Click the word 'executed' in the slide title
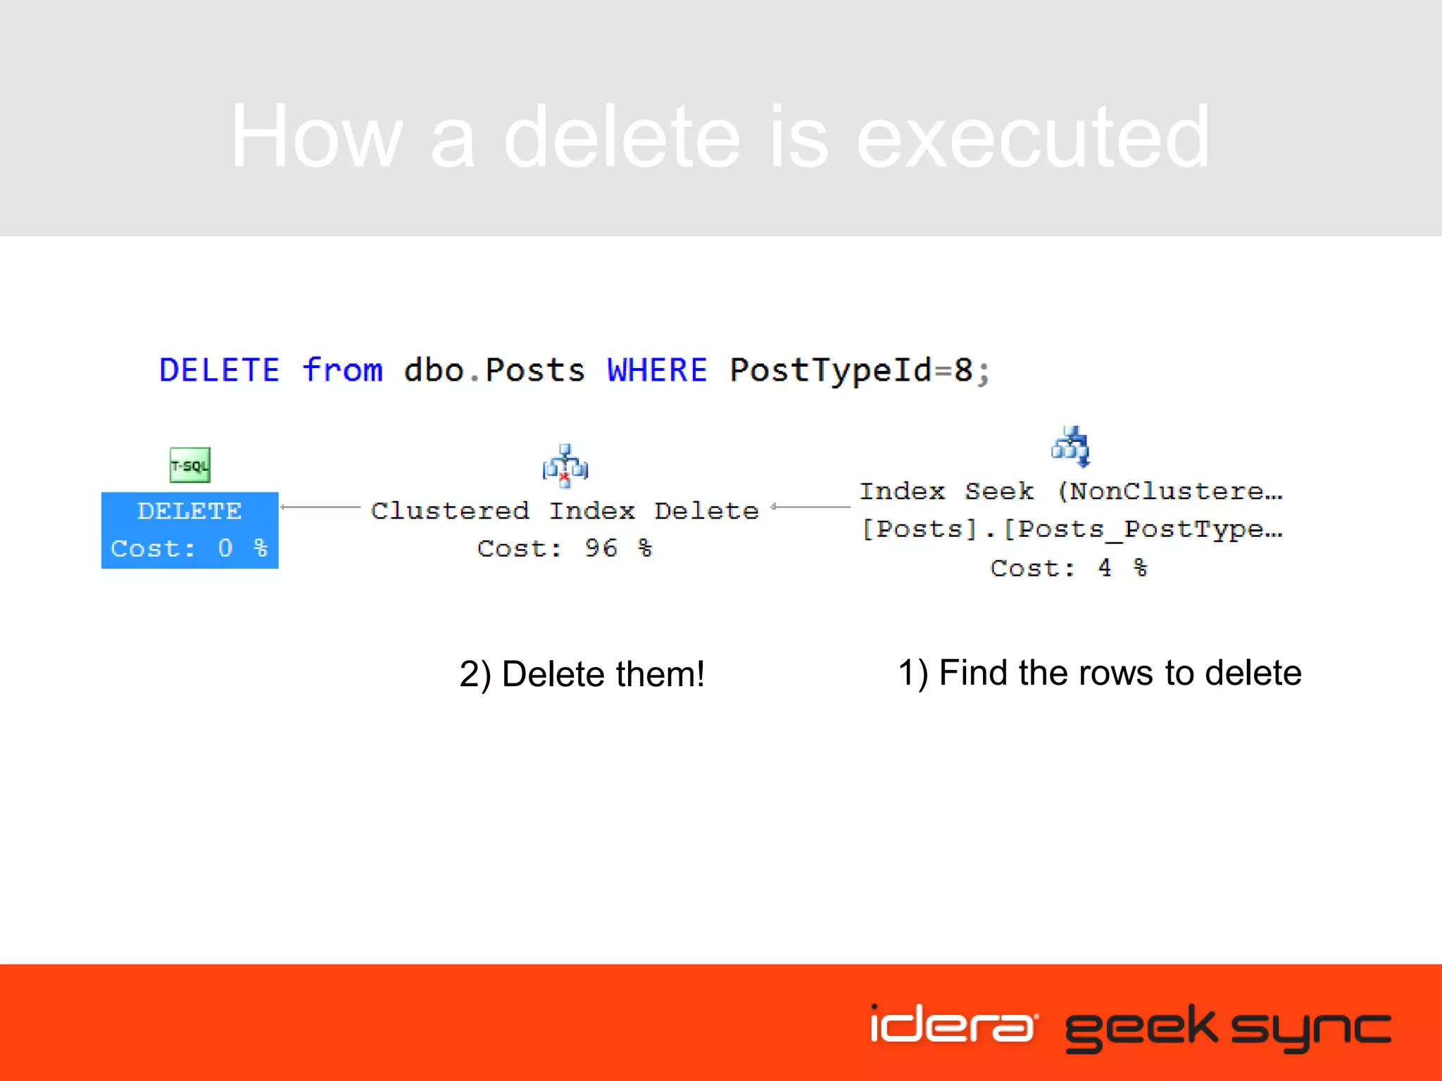pos(1032,137)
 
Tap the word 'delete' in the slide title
pos(622,137)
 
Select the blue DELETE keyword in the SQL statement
pos(220,370)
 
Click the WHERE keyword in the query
pos(657,370)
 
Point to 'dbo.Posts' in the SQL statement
pos(494,370)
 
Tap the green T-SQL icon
pos(190,464)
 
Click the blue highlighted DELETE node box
pos(190,530)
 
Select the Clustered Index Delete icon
pos(565,466)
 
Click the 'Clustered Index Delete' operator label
pos(565,510)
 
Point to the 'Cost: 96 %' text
pos(565,548)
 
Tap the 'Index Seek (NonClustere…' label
pos(1071,491)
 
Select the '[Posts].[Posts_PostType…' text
pos(1071,529)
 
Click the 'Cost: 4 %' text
pos(1069,567)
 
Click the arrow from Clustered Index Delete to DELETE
pos(320,507)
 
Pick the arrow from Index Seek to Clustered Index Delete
pos(810,507)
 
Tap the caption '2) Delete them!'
pos(582,674)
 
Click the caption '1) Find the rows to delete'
pos(1100,673)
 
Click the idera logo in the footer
pos(953,1025)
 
